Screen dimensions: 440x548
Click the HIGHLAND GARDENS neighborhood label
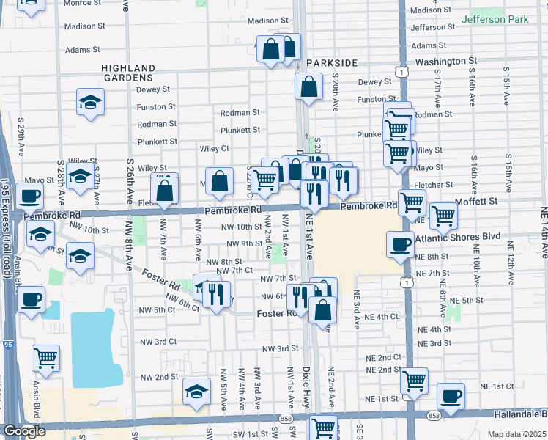(x=127, y=72)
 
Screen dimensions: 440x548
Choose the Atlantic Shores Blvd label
(x=457, y=238)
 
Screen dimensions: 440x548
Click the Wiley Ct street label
(x=215, y=148)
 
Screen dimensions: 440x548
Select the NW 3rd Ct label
(x=158, y=342)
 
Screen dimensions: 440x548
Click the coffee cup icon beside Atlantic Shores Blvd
(x=400, y=244)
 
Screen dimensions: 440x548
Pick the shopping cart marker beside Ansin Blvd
(x=45, y=358)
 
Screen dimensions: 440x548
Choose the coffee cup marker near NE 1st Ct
(x=451, y=396)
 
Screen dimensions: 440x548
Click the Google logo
(x=24, y=431)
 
